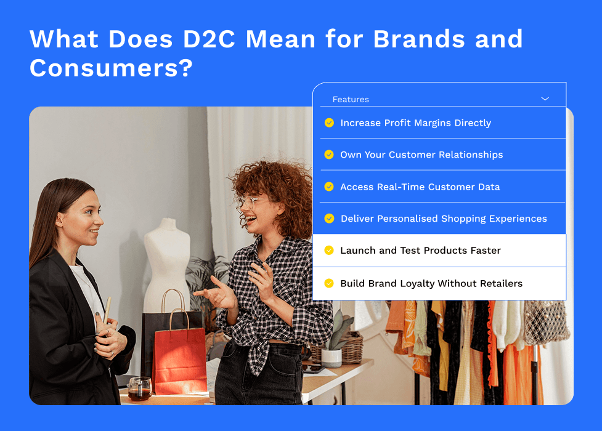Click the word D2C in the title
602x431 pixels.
tap(209, 39)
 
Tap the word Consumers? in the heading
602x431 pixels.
tap(111, 68)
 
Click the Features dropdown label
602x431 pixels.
tap(351, 99)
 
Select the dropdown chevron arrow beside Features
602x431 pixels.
tap(545, 99)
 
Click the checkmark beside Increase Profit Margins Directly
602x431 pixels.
tap(329, 123)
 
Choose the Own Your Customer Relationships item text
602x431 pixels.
tap(421, 155)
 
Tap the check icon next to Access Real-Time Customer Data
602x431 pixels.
tap(329, 187)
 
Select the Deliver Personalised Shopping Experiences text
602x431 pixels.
tap(444, 219)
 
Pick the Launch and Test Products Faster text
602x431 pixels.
tap(420, 251)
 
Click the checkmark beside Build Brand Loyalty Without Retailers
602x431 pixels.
tap(329, 283)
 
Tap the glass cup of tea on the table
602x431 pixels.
tap(140, 389)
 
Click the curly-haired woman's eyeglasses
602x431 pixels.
tap(250, 202)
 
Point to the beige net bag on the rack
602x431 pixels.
tap(546, 322)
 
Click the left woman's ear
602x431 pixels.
tap(60, 220)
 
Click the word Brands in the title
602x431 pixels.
tap(419, 39)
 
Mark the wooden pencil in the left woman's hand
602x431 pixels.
tap(107, 312)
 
